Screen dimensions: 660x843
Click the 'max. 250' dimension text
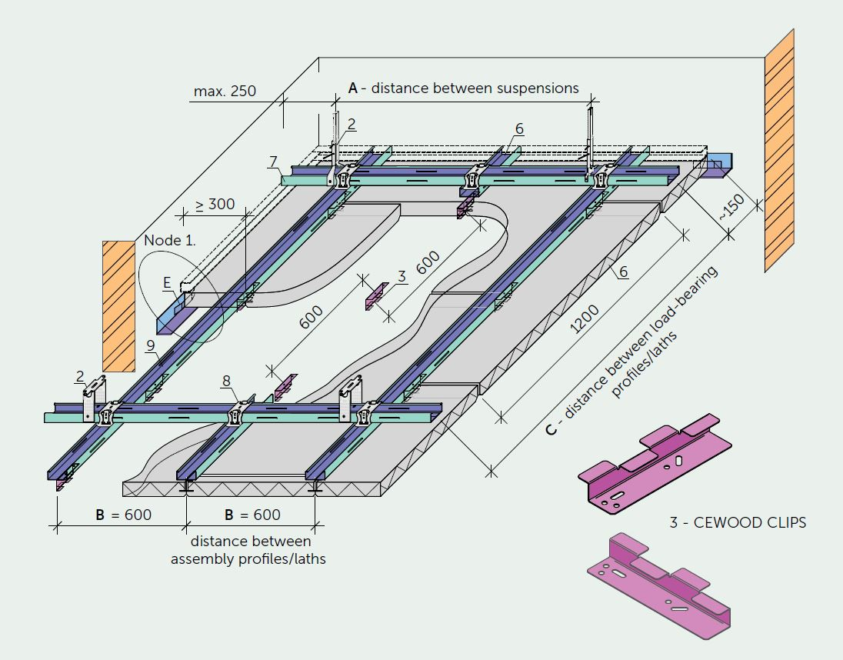tap(225, 92)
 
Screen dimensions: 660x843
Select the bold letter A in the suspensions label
tap(353, 88)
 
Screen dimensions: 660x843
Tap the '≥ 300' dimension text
tap(215, 205)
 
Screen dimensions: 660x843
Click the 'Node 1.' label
tap(170, 240)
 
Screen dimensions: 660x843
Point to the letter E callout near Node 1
tap(167, 283)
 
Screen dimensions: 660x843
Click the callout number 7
tap(273, 161)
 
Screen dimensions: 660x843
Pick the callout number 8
tap(226, 381)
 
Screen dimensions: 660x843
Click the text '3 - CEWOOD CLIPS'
tap(738, 522)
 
